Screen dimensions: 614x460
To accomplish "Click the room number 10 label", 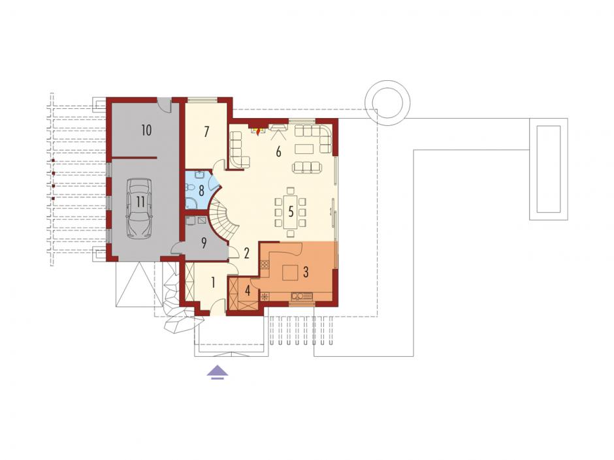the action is coord(146,130).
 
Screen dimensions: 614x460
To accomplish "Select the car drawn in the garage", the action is coord(139,208).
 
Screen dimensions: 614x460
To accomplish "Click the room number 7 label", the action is coord(206,132).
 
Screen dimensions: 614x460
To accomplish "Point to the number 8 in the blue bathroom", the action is coord(201,191).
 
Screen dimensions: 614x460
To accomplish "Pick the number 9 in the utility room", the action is coord(204,243).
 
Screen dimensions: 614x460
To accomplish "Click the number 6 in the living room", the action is coord(278,151).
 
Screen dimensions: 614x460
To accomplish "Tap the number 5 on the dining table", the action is coord(291,211).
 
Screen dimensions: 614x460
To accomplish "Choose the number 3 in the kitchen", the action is coord(306,271).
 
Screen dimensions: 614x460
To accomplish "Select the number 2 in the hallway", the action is coord(247,253).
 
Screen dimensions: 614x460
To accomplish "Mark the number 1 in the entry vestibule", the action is coord(213,283).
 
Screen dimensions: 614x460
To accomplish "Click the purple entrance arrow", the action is coord(218,372).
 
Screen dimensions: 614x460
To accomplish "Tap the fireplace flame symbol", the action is coord(257,131).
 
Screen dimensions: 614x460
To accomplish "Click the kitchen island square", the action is coord(291,272).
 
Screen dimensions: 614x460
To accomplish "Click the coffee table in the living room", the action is coord(304,149).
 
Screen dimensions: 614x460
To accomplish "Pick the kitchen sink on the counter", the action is coord(302,296).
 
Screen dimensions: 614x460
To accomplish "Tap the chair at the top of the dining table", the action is coord(290,191).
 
